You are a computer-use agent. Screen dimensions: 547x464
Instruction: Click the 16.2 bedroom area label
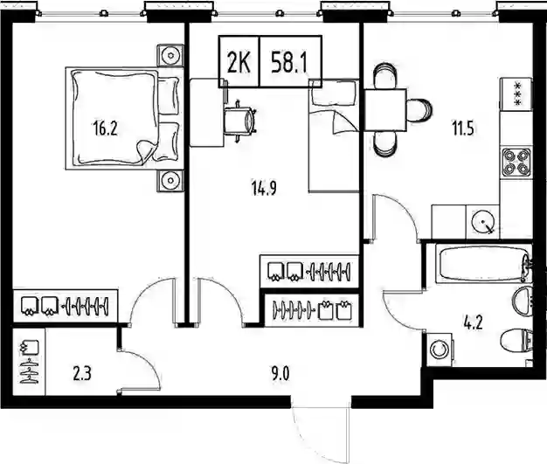click(106, 128)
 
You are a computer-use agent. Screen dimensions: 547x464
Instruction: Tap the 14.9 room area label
click(264, 189)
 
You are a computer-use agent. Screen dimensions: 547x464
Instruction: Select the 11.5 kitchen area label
click(463, 128)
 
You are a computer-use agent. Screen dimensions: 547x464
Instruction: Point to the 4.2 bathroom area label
click(473, 323)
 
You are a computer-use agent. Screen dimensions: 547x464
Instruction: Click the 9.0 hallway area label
click(280, 374)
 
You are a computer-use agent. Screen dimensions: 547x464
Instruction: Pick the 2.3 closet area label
click(82, 374)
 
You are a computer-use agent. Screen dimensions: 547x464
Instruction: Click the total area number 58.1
click(289, 63)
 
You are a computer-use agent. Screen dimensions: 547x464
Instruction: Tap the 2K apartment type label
click(239, 63)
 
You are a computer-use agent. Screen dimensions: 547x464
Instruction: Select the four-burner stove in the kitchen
click(516, 163)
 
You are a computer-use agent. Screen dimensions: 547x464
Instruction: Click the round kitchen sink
click(483, 222)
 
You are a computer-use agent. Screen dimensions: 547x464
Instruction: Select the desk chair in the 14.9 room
click(239, 121)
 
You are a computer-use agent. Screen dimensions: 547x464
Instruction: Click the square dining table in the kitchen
click(385, 110)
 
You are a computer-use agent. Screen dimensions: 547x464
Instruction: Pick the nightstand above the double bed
click(170, 55)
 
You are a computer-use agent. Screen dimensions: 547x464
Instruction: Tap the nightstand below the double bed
click(170, 181)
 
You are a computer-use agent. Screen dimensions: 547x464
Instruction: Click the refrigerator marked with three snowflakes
click(516, 93)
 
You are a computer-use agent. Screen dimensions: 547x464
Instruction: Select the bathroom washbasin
click(523, 301)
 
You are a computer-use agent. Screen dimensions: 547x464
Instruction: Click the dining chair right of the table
click(419, 110)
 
